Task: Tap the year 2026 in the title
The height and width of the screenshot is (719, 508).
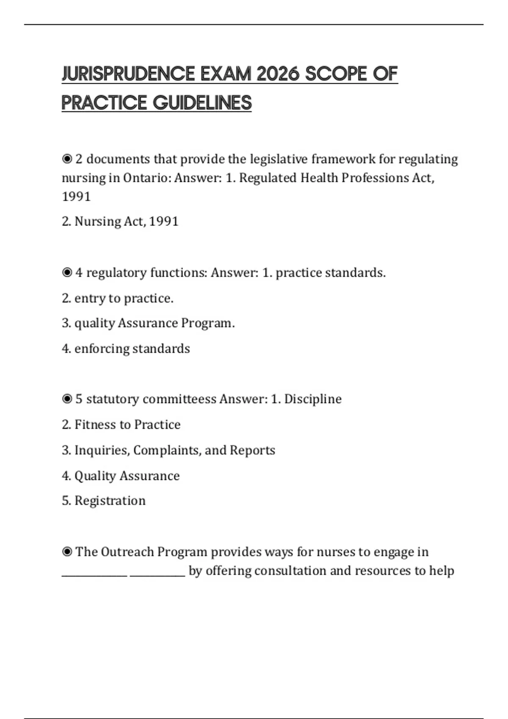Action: pyautogui.click(x=278, y=74)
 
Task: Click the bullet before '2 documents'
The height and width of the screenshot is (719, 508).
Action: pyautogui.click(x=67, y=159)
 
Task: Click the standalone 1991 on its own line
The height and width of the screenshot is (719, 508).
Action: pyautogui.click(x=76, y=196)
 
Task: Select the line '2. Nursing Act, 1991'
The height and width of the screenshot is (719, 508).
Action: pyautogui.click(x=120, y=221)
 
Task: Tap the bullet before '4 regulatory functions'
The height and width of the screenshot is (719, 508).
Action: pyautogui.click(x=67, y=273)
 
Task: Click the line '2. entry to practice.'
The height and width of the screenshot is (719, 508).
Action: pyautogui.click(x=118, y=298)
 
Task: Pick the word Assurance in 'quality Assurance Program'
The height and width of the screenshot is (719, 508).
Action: pyautogui.click(x=148, y=323)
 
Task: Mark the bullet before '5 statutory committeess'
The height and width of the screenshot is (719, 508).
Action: pyautogui.click(x=67, y=399)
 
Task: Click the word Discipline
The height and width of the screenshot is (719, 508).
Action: pyautogui.click(x=313, y=399)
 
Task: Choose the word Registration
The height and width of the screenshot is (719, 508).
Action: pyautogui.click(x=110, y=501)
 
